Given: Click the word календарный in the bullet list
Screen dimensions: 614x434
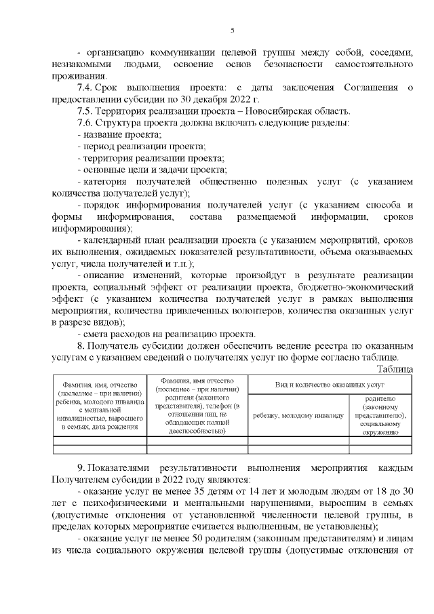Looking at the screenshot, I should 111,240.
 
